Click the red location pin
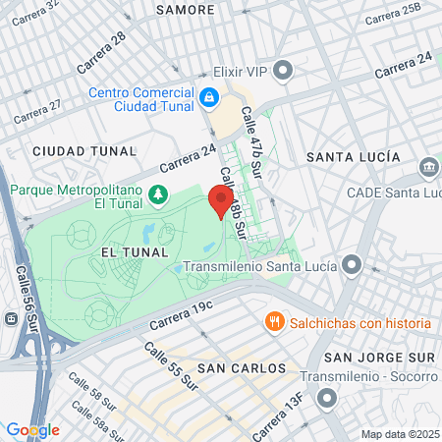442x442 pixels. click(x=221, y=201)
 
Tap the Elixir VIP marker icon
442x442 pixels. click(x=284, y=71)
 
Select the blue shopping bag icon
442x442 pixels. click(x=209, y=97)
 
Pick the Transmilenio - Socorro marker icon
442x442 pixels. click(x=329, y=398)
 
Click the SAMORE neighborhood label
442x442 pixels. click(x=185, y=10)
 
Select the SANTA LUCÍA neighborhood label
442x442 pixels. click(x=353, y=157)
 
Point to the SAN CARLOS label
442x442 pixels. click(x=241, y=368)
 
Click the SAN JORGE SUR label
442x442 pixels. click(x=378, y=356)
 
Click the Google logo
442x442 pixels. click(x=32, y=430)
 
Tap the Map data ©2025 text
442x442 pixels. click(x=398, y=434)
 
